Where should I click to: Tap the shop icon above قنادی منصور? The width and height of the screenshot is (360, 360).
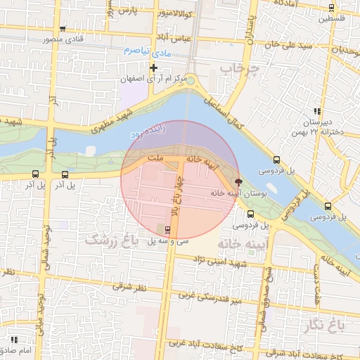63,29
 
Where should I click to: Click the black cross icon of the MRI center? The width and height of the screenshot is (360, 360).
153,67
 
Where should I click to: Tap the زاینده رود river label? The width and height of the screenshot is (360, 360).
148,131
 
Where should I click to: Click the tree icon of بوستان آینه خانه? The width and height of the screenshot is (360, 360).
238,181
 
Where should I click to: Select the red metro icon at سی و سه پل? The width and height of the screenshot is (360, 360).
167,230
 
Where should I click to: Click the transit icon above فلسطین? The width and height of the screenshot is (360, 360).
331,8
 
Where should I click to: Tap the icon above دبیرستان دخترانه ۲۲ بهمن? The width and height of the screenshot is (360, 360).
317,111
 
